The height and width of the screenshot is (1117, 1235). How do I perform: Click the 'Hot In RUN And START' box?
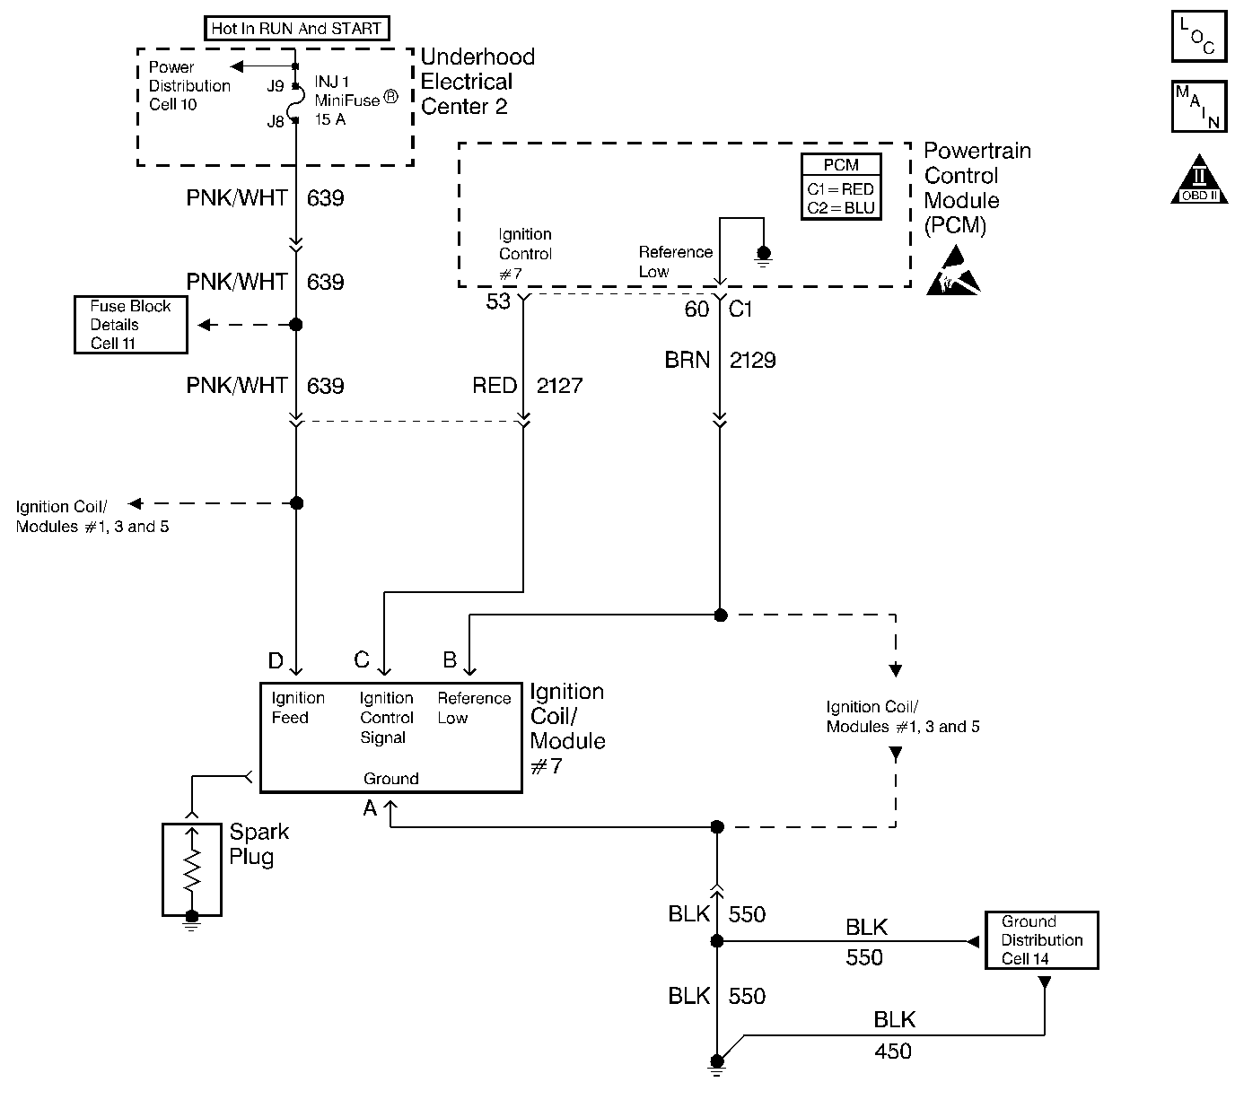(x=296, y=29)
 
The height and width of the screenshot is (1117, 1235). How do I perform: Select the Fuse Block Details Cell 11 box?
(x=131, y=325)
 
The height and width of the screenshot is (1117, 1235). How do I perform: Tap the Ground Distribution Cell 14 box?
(x=1041, y=940)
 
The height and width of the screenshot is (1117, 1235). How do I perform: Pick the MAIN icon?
(x=1198, y=107)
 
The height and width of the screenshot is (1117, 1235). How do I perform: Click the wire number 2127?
(x=559, y=386)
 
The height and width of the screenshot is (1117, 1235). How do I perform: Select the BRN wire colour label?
(x=688, y=360)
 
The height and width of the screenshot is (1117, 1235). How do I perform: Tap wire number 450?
(x=892, y=1051)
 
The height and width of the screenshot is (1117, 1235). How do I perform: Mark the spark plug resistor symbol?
(x=191, y=868)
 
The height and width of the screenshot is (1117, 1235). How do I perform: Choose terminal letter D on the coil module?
(x=276, y=661)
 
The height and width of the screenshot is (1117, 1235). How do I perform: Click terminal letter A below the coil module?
(x=370, y=808)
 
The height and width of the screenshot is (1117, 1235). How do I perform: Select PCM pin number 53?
(x=498, y=301)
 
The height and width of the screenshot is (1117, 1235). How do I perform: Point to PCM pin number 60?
(x=696, y=310)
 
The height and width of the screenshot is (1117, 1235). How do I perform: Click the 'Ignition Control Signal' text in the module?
(x=387, y=718)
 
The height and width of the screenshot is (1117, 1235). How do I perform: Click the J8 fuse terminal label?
(x=276, y=121)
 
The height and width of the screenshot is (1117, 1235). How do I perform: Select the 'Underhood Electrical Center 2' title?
(x=477, y=82)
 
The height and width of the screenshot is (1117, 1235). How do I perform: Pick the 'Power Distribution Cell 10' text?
(x=189, y=85)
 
